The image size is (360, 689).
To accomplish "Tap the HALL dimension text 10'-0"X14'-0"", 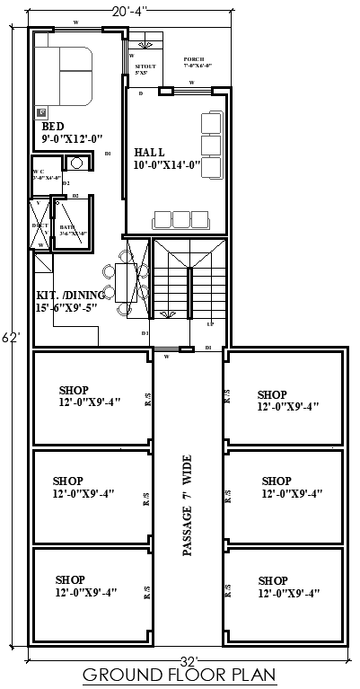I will pyautogui.click(x=166, y=166).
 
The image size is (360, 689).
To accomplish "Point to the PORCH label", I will pyautogui.click(x=195, y=57).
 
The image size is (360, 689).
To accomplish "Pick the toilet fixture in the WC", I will pyautogui.click(x=76, y=163).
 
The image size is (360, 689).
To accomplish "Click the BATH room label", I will pyautogui.click(x=67, y=228).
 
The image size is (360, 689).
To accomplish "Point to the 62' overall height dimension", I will pyautogui.click(x=9, y=338).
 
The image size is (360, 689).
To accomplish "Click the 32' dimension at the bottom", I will pyautogui.click(x=188, y=659).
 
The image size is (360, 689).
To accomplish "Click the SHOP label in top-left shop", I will pyautogui.click(x=74, y=390).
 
